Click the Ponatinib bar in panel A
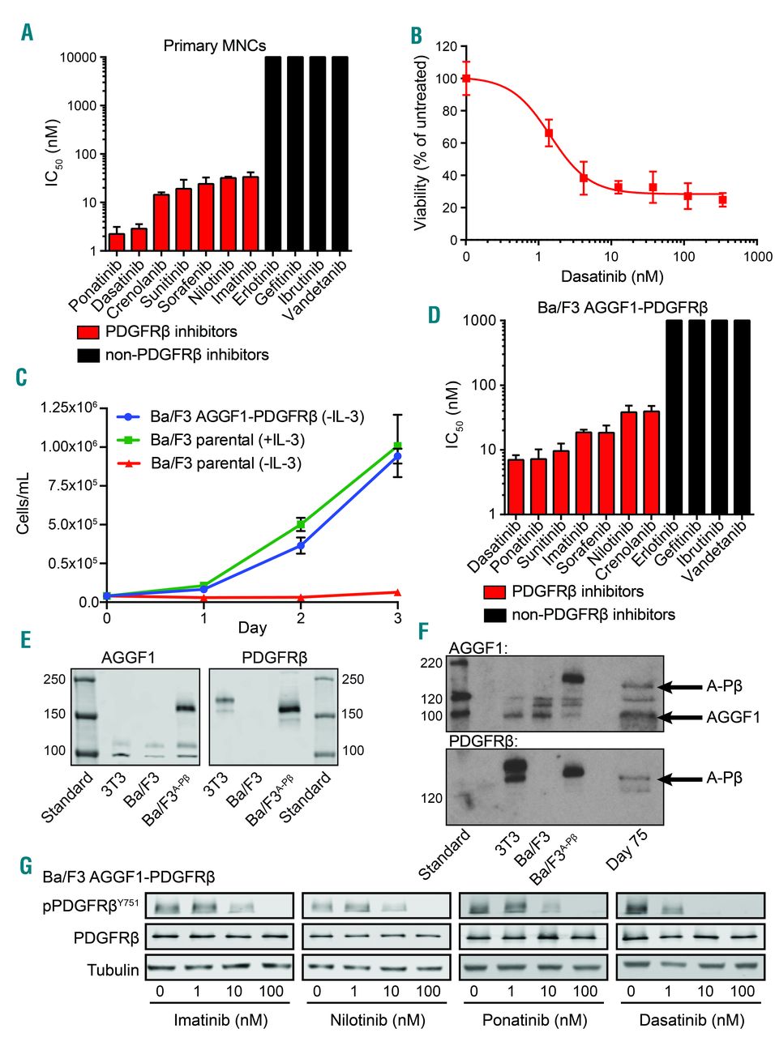coord(117,242)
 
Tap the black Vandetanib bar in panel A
coord(340,154)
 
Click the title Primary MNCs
coord(214,45)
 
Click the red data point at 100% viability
coord(466,79)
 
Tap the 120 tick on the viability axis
coord(446,46)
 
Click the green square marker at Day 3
coord(398,446)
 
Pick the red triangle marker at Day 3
coord(398,592)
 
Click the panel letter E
coord(25,640)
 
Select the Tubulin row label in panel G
coord(113,969)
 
